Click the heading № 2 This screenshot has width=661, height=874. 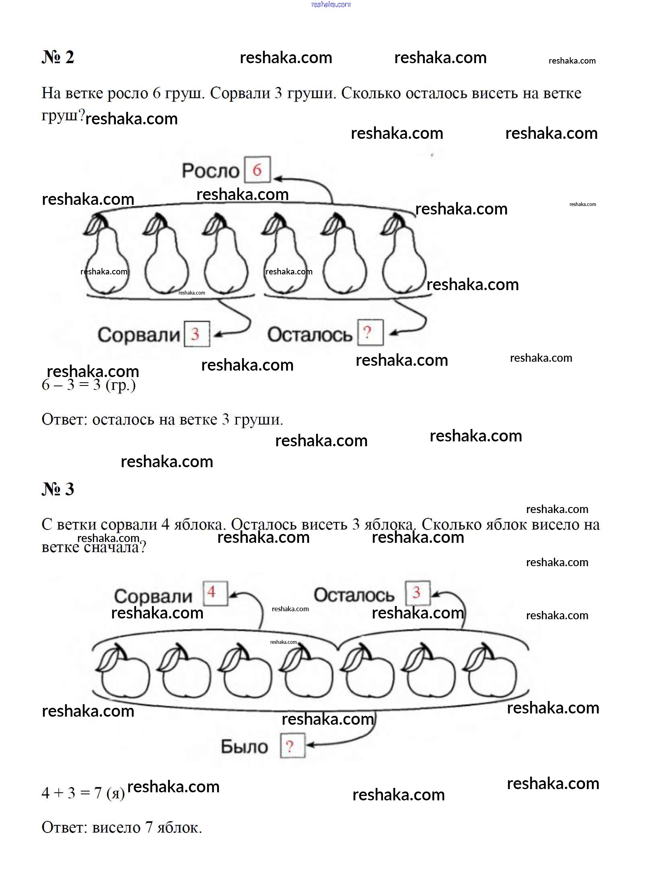(58, 57)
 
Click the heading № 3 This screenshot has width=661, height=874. (58, 489)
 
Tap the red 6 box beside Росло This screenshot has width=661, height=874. (257, 169)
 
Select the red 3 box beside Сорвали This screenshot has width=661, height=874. (197, 334)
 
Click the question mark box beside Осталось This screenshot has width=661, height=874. (370, 332)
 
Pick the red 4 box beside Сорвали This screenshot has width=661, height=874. (215, 593)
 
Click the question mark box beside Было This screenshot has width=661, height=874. (292, 745)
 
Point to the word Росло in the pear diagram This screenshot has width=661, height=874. (210, 171)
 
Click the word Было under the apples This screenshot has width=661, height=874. (244, 747)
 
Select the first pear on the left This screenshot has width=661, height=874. (106, 254)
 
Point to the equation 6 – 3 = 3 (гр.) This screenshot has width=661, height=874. (89, 385)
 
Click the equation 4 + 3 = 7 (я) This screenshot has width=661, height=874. (83, 793)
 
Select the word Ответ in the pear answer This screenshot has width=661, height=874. (64, 420)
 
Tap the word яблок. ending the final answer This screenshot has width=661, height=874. (179, 828)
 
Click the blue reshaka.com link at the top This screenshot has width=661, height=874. (331, 4)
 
